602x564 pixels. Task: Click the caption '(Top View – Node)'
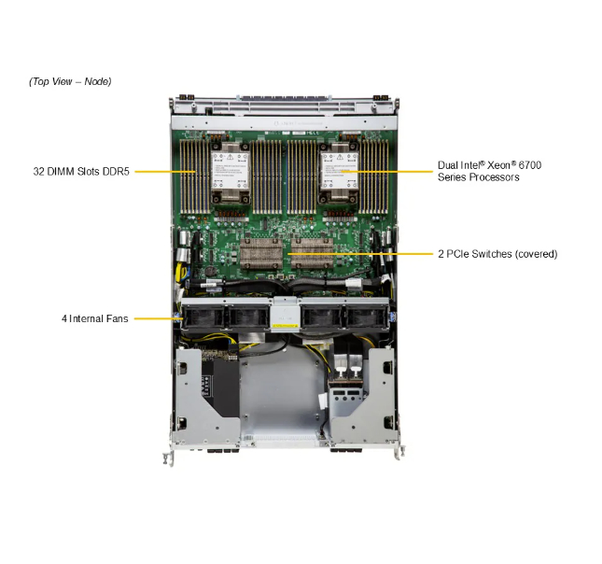pos(70,81)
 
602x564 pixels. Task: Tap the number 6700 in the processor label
pos(530,165)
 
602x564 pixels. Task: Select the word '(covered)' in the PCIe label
pos(536,254)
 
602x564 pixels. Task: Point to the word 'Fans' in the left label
pos(118,318)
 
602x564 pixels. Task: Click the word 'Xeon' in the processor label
pos(501,165)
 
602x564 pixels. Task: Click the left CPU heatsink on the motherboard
pos(230,172)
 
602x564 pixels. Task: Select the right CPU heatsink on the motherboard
pos(340,172)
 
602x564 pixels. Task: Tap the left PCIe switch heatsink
pos(261,253)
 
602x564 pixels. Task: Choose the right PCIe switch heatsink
pos(312,253)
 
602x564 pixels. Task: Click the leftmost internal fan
pos(203,317)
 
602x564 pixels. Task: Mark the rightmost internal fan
pos(366,317)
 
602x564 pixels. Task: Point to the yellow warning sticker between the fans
pos(285,326)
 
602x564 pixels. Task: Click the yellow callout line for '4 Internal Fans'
pos(158,318)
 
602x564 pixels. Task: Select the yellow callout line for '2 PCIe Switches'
pos(360,254)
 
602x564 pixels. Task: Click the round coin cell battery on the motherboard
pos(210,271)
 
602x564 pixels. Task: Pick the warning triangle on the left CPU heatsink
pos(230,157)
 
